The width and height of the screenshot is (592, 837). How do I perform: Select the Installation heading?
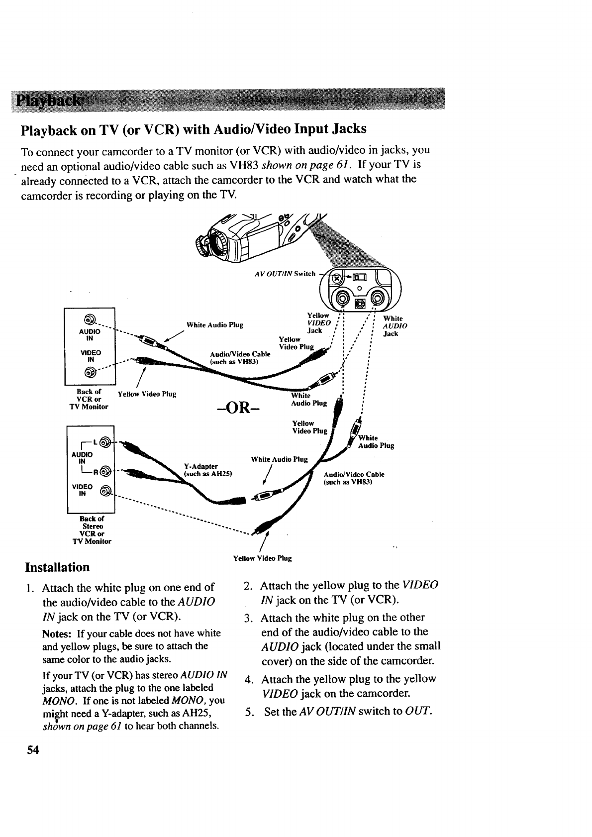pyautogui.click(x=58, y=567)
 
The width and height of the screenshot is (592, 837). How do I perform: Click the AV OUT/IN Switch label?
pyautogui.click(x=285, y=273)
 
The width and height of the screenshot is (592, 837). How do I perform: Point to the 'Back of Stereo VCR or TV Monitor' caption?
pyautogui.click(x=93, y=529)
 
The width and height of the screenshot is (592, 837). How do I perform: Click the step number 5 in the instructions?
pyautogui.click(x=248, y=711)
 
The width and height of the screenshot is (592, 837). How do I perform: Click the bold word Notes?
pyautogui.click(x=58, y=633)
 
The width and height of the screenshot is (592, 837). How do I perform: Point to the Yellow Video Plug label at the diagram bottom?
pyautogui.click(x=262, y=558)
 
